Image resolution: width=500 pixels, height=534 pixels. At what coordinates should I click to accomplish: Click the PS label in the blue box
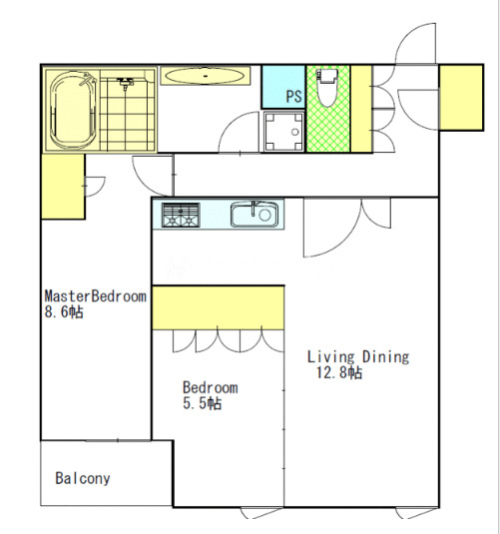coord(293,97)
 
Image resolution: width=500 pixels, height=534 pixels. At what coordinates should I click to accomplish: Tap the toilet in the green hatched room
coord(326,87)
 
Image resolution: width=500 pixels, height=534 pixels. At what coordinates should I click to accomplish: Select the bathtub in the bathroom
coord(73,110)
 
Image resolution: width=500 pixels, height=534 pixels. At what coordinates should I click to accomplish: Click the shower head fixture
coord(125,83)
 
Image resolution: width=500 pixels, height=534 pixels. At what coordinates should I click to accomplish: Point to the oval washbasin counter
coord(205,76)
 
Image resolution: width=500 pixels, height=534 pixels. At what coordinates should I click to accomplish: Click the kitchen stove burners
coord(181,215)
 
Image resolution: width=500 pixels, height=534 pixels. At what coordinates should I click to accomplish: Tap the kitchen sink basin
coord(254,215)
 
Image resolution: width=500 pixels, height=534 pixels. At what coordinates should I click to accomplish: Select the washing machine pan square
coord(283,132)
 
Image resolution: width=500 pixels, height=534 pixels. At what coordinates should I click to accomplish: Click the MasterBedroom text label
coord(96,296)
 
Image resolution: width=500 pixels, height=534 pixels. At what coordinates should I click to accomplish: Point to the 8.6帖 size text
coord(64,312)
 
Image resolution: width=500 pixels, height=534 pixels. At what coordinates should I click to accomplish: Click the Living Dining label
coord(358,357)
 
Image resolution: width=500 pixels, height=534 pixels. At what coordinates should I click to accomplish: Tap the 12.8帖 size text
coord(339,372)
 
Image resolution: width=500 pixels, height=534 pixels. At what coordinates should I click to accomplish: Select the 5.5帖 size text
coord(202,403)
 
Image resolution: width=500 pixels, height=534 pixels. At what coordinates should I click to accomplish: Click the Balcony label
coord(83,478)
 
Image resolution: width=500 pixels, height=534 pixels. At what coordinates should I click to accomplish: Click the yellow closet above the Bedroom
coord(218,307)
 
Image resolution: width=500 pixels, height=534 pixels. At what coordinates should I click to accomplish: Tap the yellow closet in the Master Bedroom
coord(63,187)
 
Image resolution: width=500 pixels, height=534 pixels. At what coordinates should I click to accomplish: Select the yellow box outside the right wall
coord(461,98)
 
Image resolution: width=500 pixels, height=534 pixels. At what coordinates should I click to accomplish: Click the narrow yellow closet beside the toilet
coord(361,109)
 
